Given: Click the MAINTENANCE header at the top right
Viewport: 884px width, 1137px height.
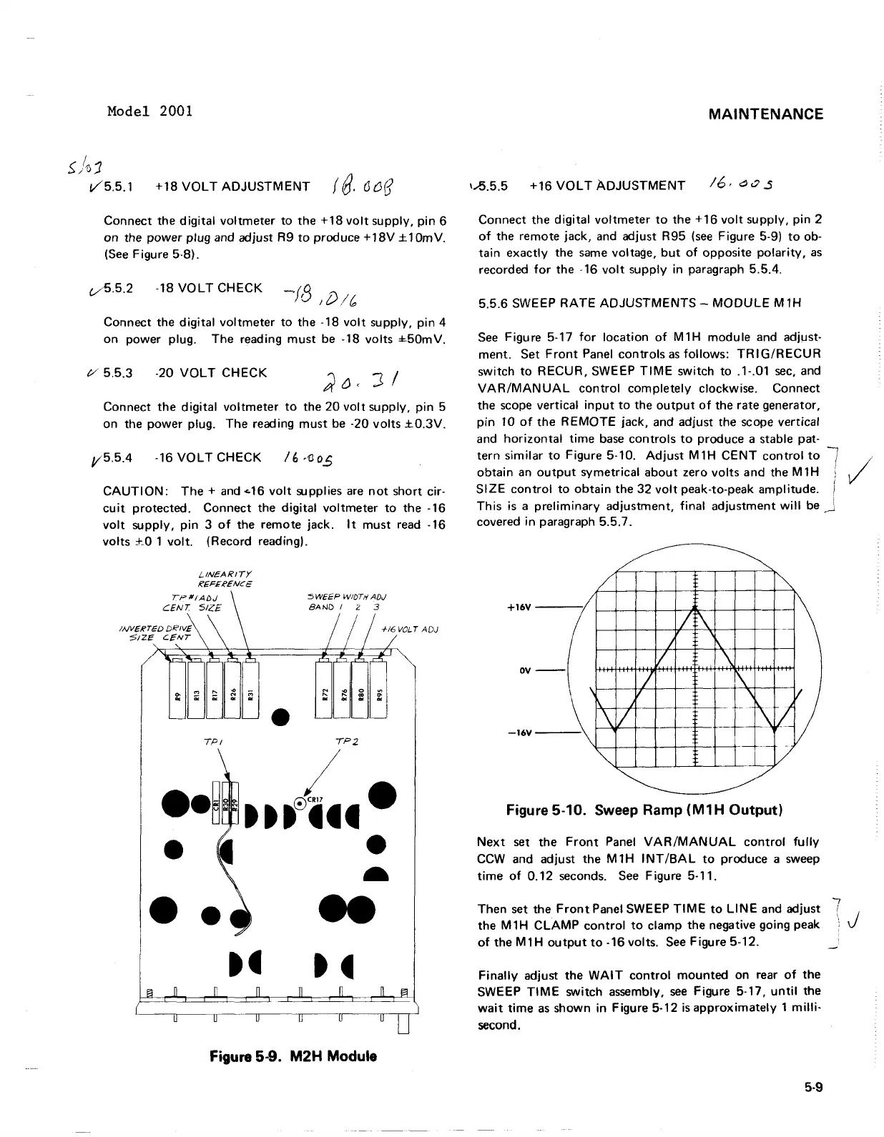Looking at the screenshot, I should pyautogui.click(x=765, y=114).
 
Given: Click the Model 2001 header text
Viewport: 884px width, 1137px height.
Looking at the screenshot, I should pyautogui.click(x=149, y=111).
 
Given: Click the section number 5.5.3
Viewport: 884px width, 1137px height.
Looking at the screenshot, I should pyautogui.click(x=117, y=373).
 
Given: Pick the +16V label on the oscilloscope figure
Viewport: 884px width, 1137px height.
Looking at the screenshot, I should pyautogui.click(x=520, y=607).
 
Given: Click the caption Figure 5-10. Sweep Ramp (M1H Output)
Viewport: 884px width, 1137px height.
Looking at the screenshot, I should pyautogui.click(x=644, y=810).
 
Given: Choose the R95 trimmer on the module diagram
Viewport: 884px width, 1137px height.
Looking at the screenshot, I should pyautogui.click(x=379, y=693).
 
